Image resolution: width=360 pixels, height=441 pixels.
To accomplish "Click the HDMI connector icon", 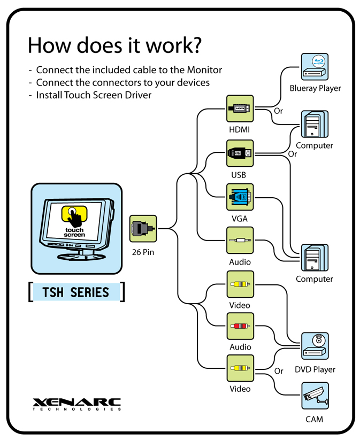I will pyautogui.click(x=240, y=109).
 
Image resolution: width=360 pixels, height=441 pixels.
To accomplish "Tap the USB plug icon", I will pyautogui.click(x=240, y=153).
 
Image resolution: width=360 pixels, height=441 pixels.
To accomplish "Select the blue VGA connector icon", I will pyautogui.click(x=240, y=197).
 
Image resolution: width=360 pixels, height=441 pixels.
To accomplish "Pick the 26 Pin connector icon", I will pyautogui.click(x=143, y=228).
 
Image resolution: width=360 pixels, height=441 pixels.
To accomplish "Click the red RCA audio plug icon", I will pyautogui.click(x=240, y=326).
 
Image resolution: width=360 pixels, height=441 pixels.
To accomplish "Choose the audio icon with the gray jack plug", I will pyautogui.click(x=240, y=240).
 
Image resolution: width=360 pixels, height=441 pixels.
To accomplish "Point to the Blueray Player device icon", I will pyautogui.click(x=315, y=67).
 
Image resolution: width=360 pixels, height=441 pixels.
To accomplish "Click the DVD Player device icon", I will pyautogui.click(x=315, y=346).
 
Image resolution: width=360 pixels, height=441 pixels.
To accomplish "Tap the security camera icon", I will pyautogui.click(x=315, y=396).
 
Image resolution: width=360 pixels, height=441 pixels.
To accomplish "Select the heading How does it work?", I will pyautogui.click(x=114, y=45).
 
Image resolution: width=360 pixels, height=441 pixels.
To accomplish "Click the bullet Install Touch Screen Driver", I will pyautogui.click(x=94, y=96).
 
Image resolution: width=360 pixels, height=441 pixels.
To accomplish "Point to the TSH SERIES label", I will pyautogui.click(x=76, y=292).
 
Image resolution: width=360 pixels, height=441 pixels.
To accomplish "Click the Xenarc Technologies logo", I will pyautogui.click(x=76, y=404).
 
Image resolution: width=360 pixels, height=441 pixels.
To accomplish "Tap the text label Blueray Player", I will pyautogui.click(x=315, y=88).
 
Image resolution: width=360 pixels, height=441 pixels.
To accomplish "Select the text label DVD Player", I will pyautogui.click(x=315, y=369).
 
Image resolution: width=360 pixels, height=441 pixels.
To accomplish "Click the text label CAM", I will pyautogui.click(x=314, y=419).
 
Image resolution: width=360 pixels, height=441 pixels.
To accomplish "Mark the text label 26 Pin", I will pyautogui.click(x=143, y=252).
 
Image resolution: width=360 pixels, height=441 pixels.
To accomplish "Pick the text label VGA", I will pyautogui.click(x=240, y=219).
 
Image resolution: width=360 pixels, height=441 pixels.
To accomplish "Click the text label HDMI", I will pyautogui.click(x=240, y=130).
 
